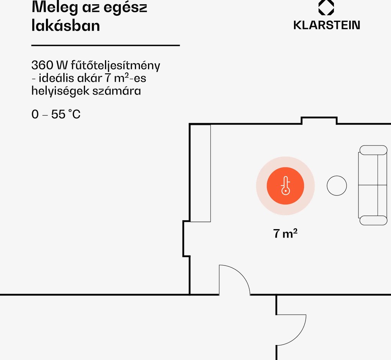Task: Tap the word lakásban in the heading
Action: pos(66,25)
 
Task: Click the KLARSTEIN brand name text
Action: pos(327,25)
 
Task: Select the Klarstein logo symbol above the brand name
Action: pos(326,8)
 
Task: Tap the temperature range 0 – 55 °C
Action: pos(56,114)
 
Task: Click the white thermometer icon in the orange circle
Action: pos(285,186)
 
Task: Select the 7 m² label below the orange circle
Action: pos(285,233)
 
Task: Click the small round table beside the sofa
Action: pos(337,186)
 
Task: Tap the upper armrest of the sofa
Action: pos(373,150)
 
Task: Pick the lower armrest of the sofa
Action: pos(373,220)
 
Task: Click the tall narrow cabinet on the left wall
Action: pos(200,173)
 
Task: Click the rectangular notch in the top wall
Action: pos(319,121)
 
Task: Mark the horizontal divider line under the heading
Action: pos(105,45)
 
